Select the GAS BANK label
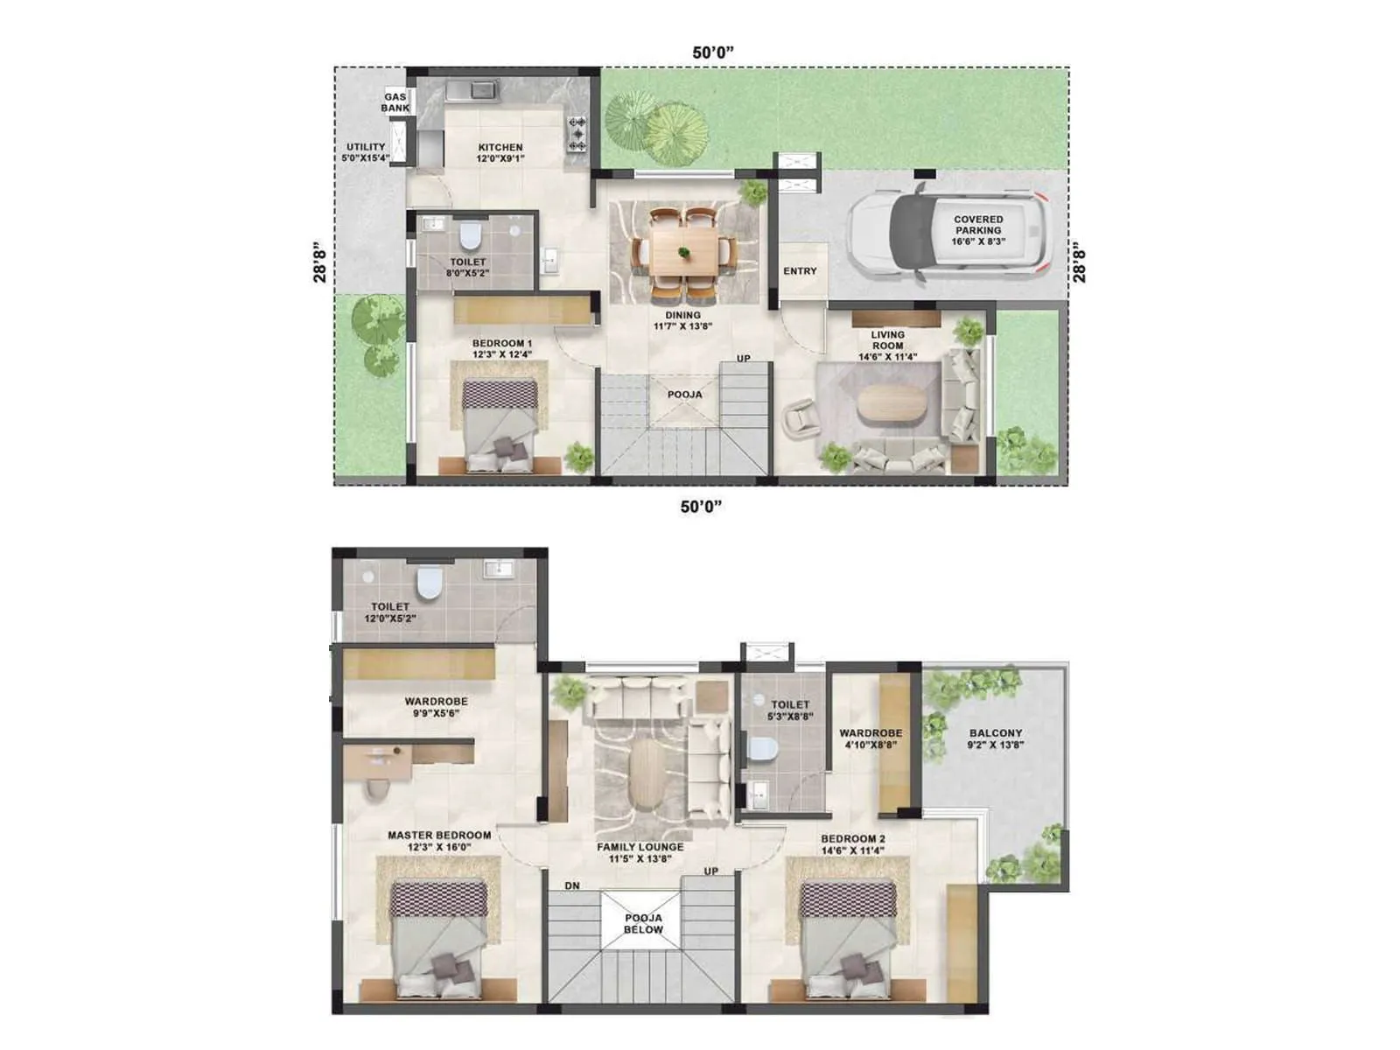395,102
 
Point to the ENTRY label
800,271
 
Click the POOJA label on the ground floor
684,395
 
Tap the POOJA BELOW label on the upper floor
643,924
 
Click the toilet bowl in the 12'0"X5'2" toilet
428,584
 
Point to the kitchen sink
472,89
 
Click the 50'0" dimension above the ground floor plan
712,52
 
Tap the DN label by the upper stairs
572,885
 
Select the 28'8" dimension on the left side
321,262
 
